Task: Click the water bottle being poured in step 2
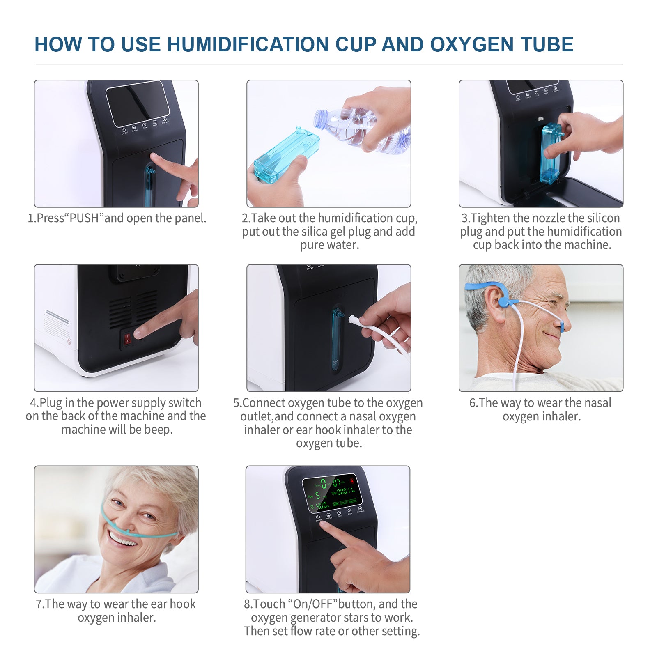361,127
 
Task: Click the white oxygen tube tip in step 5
352,319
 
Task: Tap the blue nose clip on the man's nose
562,327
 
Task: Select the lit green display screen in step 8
332,495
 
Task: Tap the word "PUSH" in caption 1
84,218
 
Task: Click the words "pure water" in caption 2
329,245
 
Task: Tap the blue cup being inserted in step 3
550,154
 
